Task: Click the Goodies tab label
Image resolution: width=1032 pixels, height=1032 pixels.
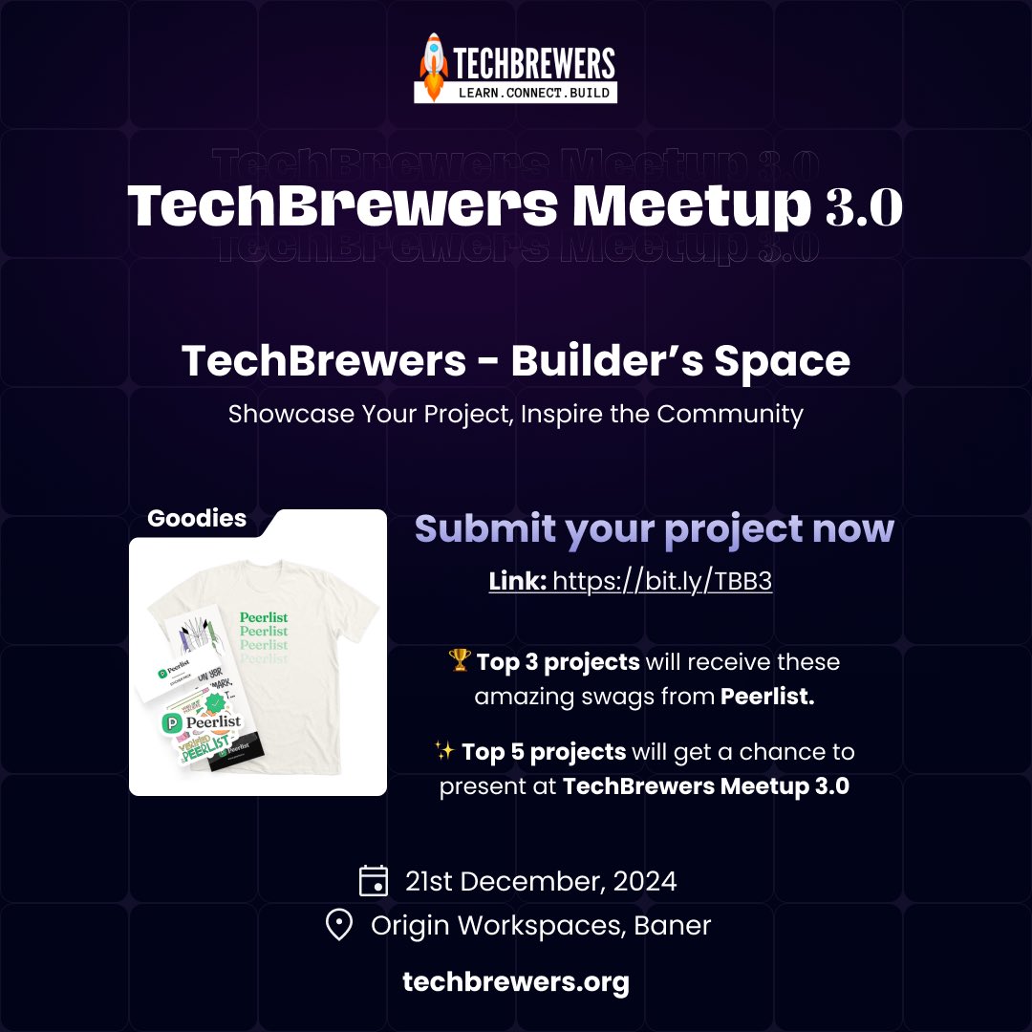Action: [197, 519]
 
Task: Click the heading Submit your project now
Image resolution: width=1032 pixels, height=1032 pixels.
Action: [654, 529]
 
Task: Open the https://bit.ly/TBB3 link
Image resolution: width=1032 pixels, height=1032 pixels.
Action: [662, 582]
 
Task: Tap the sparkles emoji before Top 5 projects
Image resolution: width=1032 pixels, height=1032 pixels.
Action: [443, 752]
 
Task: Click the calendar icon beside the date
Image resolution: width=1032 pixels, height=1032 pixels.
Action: [373, 880]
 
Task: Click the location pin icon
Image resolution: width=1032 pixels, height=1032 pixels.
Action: [339, 925]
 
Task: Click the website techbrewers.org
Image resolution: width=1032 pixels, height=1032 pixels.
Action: [516, 982]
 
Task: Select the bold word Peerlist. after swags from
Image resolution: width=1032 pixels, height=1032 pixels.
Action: [767, 698]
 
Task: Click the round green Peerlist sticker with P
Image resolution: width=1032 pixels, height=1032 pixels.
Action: [174, 722]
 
